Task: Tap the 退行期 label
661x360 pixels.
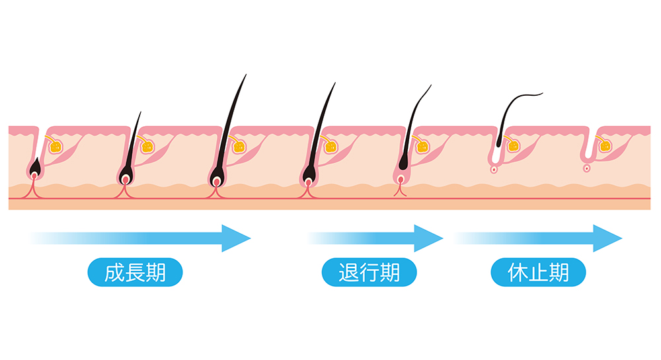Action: click(369, 272)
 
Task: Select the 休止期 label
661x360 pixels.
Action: click(538, 272)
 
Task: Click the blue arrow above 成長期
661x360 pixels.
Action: click(145, 238)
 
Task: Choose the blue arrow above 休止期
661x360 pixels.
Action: click(542, 238)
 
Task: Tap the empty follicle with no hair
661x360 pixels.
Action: click(587, 152)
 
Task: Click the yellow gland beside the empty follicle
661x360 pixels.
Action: click(603, 144)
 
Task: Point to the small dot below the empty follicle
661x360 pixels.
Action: click(586, 168)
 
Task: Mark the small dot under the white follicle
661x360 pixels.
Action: click(494, 169)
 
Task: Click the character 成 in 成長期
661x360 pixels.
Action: click(114, 272)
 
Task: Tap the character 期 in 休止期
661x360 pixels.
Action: click(559, 272)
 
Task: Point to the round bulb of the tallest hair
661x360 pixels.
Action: click(216, 180)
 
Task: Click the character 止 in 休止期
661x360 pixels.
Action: click(538, 272)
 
